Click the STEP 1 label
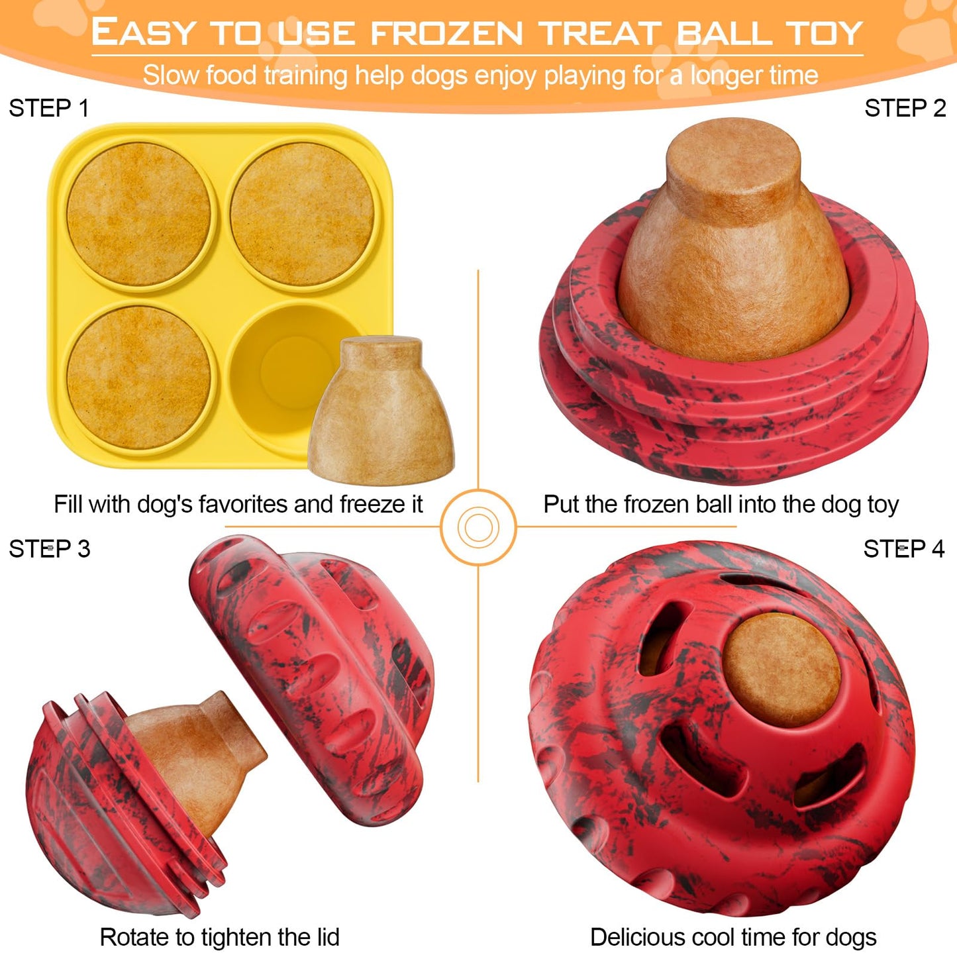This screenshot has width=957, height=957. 48,108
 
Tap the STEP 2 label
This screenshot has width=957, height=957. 905,108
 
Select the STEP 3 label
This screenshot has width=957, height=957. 49,549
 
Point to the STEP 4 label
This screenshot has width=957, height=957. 903,549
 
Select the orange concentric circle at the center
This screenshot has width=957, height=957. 478,527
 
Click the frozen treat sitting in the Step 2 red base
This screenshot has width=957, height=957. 733,245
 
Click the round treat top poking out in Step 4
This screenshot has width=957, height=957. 781,669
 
